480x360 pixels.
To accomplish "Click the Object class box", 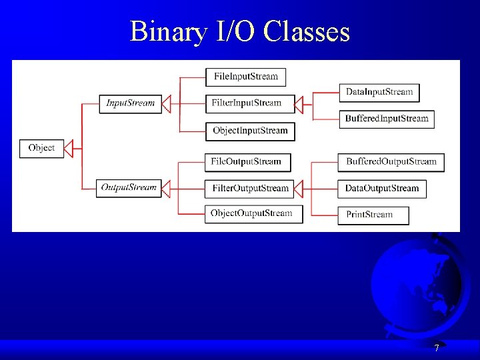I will (42, 148).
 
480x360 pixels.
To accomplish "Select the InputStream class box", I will (131, 103).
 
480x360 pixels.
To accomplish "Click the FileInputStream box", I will (246, 77).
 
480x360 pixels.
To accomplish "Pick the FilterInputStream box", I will (247, 103).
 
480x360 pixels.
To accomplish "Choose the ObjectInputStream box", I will (250, 131).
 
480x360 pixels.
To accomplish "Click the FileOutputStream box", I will (246, 161).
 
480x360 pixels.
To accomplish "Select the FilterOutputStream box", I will (250, 189).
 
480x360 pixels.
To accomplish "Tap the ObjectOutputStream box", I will (251, 214).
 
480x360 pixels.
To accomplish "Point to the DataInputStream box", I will (379, 92).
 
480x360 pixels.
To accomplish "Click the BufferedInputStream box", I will (387, 119).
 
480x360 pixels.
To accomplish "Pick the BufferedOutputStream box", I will (391, 162).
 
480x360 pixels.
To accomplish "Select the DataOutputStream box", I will (382, 189).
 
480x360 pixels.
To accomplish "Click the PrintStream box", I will (373, 215).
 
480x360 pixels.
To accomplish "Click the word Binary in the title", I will (169, 31).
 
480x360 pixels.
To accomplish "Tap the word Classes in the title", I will (307, 31).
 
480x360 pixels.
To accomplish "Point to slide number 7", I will (437, 348).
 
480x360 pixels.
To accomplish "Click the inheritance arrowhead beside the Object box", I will (69, 148).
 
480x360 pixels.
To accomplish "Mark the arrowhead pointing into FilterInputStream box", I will (299, 104).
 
